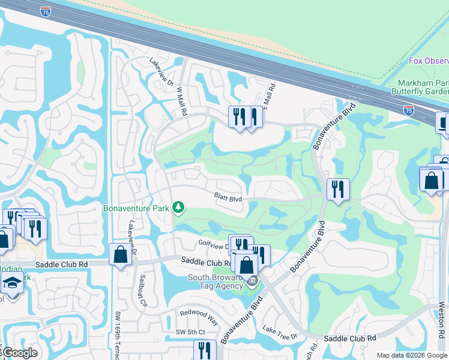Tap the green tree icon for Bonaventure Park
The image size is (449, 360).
click(x=178, y=208)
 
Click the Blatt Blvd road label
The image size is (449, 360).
click(x=228, y=197)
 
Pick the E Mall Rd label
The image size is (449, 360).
click(x=271, y=95)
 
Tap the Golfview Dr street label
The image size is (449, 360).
click(x=214, y=244)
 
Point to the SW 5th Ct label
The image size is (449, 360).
click(x=190, y=332)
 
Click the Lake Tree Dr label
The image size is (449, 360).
click(x=280, y=332)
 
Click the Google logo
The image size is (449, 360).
click(x=19, y=353)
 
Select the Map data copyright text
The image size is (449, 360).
click(x=412, y=355)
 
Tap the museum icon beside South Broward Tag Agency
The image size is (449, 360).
click(x=253, y=281)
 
